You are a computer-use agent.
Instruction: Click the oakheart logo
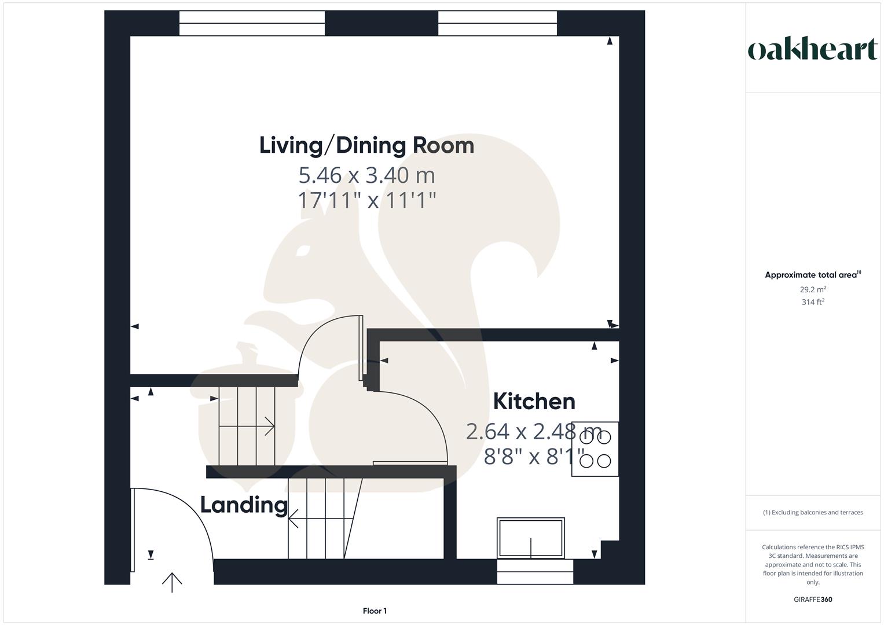pyautogui.click(x=812, y=50)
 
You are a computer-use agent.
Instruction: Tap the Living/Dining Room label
pyautogui.click(x=366, y=145)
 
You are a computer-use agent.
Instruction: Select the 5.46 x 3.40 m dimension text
pyautogui.click(x=366, y=175)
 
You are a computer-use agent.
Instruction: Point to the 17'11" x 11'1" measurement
pyautogui.click(x=366, y=200)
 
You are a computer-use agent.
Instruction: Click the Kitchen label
pyautogui.click(x=534, y=401)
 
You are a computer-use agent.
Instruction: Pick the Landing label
pyautogui.click(x=244, y=505)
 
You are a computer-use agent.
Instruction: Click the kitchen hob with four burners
pyautogui.click(x=595, y=449)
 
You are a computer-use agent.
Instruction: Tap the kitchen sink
pyautogui.click(x=530, y=538)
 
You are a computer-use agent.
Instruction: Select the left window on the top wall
pyautogui.click(x=252, y=23)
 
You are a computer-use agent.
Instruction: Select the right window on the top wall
pyautogui.click(x=497, y=23)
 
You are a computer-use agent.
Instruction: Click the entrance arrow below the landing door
pyautogui.click(x=172, y=582)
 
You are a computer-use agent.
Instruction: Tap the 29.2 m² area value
pyautogui.click(x=813, y=289)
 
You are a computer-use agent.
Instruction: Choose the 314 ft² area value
pyautogui.click(x=813, y=302)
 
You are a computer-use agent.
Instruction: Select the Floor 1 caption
pyautogui.click(x=375, y=611)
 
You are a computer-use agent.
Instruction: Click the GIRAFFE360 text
pyautogui.click(x=813, y=600)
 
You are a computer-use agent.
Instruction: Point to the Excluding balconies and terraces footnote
pyautogui.click(x=813, y=512)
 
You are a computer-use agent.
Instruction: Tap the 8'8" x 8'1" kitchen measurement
pyautogui.click(x=534, y=457)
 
